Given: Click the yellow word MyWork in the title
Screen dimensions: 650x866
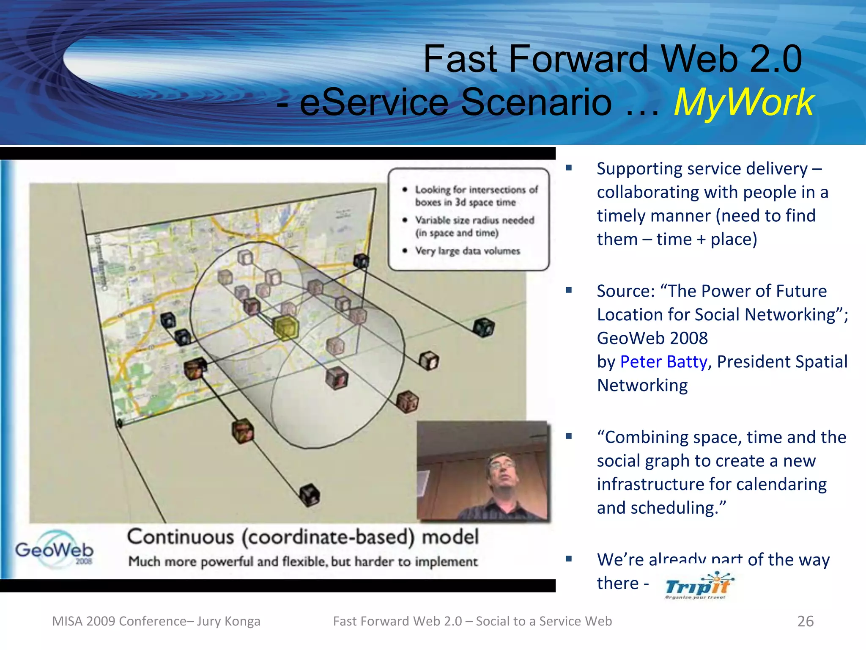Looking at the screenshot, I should [x=743, y=102].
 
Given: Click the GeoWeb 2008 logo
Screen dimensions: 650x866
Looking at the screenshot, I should [x=55, y=550].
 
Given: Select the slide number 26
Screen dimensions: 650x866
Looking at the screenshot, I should [x=805, y=621].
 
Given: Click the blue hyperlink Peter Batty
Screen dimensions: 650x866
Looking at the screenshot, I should [x=663, y=362].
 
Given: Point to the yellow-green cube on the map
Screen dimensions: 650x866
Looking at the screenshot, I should [x=286, y=328].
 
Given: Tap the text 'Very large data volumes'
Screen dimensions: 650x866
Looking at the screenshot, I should [x=467, y=251].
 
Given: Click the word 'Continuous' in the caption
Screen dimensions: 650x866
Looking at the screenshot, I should [x=181, y=537].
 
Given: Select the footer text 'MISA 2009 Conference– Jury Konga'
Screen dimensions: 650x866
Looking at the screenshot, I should [x=156, y=621].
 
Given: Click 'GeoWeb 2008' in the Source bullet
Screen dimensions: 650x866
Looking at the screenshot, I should [x=652, y=338].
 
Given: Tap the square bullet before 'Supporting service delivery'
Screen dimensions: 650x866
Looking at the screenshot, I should [x=569, y=168].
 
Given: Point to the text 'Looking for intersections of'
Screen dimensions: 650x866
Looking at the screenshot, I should [x=476, y=190].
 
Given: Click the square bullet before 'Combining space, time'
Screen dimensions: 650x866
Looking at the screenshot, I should [x=569, y=436].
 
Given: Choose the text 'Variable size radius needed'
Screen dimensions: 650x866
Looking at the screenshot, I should [x=474, y=220].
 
